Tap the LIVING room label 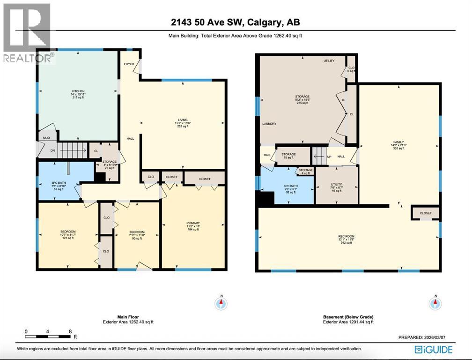(x=182, y=119)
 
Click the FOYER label (x=129, y=64)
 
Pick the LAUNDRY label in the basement (x=269, y=124)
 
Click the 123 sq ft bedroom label (x=67, y=232)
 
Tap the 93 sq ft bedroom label (x=137, y=232)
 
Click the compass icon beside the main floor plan (x=221, y=303)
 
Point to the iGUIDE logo (x=434, y=349)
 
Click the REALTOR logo (x=26, y=33)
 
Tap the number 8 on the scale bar (x=70, y=331)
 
